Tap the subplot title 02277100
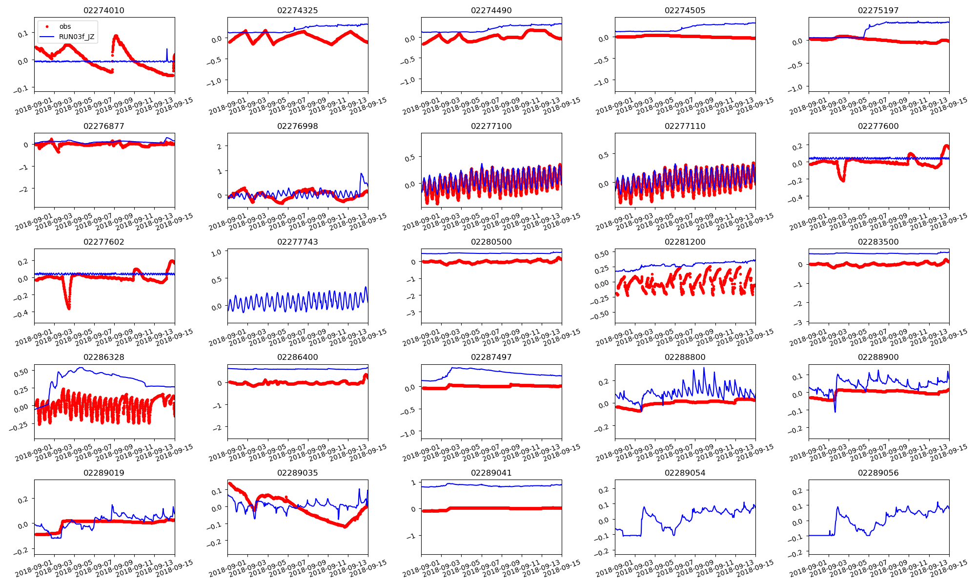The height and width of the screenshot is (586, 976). pos(491,126)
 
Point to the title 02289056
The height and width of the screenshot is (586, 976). pos(878,473)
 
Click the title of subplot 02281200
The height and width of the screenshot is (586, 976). pos(685,242)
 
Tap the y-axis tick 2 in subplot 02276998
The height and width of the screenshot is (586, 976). pos(220,146)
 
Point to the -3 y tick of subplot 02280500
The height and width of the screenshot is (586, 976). pos(413,313)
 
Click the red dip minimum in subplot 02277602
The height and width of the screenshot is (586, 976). pos(69,308)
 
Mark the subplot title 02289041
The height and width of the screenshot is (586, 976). pos(491,473)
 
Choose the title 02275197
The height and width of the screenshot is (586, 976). pos(878,10)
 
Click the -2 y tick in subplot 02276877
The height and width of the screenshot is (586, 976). pos(25,189)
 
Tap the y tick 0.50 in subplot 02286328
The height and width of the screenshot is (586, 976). pos(21,373)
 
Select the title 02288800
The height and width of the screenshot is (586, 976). pos(685,357)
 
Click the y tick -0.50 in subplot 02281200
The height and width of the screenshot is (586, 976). pos(600,314)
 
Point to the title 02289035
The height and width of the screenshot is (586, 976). pos(297,473)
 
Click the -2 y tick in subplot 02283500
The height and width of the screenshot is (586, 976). pos(799,304)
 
